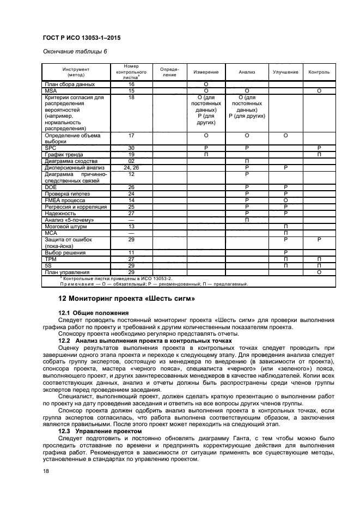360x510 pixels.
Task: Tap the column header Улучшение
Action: [x=285, y=72]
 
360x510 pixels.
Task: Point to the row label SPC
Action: [x=50, y=148]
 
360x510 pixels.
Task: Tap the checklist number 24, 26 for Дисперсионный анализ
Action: [x=131, y=168]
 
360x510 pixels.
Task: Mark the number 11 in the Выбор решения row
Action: [x=131, y=253]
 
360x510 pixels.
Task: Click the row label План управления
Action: [x=67, y=272]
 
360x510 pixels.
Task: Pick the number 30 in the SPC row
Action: [x=131, y=148]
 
